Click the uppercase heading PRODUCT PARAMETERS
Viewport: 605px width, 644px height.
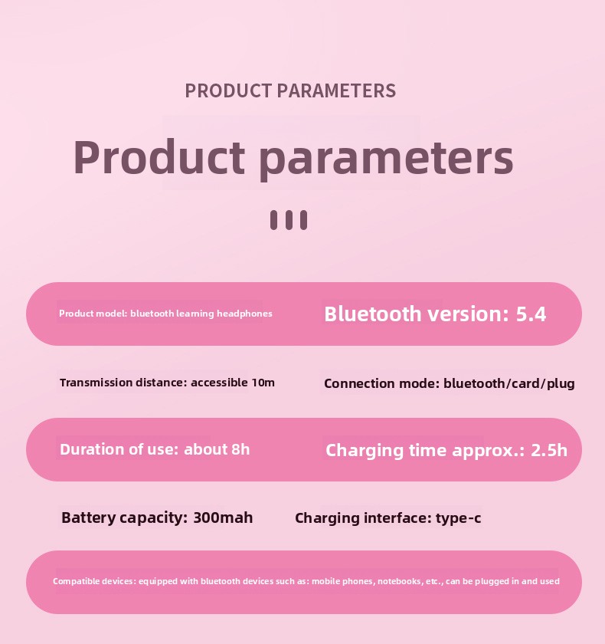pos(290,90)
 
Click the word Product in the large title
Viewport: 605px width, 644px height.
pos(159,157)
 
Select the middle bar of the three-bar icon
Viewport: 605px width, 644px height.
pos(289,220)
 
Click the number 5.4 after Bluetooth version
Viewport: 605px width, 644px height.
pos(531,314)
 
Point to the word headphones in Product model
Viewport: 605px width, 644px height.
pos(244,314)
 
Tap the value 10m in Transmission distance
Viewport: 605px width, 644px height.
pos(263,383)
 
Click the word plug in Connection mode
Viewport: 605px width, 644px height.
pos(561,384)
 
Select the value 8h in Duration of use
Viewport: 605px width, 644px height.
pos(240,449)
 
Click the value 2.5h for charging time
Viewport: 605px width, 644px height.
pos(549,451)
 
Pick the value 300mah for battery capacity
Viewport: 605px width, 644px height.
pos(223,517)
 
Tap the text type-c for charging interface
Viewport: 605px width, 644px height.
pos(458,518)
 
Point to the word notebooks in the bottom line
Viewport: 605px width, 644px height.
pos(400,582)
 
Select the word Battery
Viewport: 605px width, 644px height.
pos(89,518)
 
